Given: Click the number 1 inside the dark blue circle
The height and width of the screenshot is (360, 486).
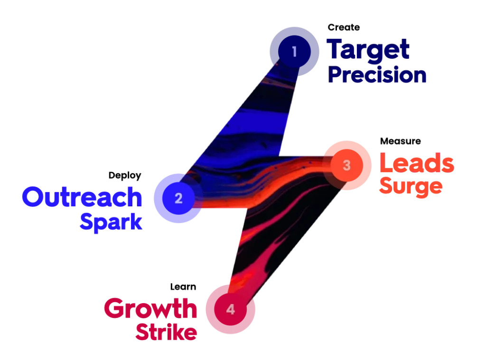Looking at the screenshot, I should [294, 51].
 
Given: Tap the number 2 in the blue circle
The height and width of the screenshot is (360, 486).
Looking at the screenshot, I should [178, 198].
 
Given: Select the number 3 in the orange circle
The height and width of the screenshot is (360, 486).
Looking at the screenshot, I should [346, 166].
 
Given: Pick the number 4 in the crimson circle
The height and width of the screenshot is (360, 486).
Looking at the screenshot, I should [230, 310].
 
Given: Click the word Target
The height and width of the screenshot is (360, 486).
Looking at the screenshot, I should [368, 49].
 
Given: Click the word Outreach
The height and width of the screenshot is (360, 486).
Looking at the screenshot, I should [82, 197].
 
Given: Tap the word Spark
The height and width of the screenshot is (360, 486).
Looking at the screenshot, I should [112, 222].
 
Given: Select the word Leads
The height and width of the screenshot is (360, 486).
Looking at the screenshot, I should [417, 164].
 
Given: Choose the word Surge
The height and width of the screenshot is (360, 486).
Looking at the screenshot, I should [411, 187].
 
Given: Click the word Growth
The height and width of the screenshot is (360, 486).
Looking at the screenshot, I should [150, 309].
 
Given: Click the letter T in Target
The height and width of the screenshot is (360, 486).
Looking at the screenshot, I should [335, 49].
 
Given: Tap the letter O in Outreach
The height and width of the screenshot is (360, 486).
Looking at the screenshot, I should [32, 197].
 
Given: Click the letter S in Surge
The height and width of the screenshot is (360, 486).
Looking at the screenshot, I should [385, 187].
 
